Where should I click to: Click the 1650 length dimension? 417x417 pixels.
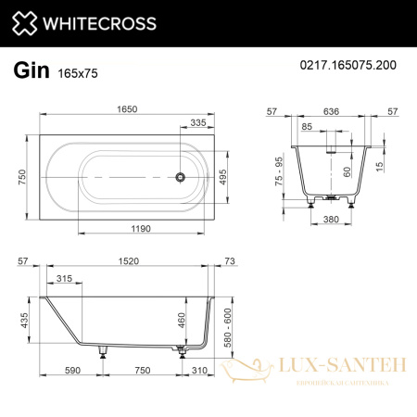127,108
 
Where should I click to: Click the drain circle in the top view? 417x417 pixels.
183,175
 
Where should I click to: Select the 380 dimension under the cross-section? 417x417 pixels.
326,221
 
